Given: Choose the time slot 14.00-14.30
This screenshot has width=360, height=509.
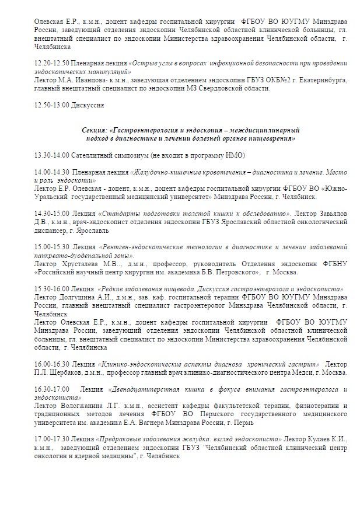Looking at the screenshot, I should point(51,173).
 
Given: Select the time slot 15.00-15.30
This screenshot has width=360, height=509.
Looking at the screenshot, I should point(51,248).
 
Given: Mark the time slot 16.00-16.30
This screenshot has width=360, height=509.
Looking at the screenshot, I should point(51,363).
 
